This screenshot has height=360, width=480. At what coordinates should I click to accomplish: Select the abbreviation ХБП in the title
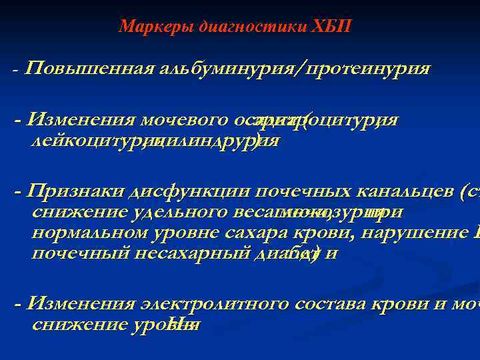(x=331, y=27)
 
